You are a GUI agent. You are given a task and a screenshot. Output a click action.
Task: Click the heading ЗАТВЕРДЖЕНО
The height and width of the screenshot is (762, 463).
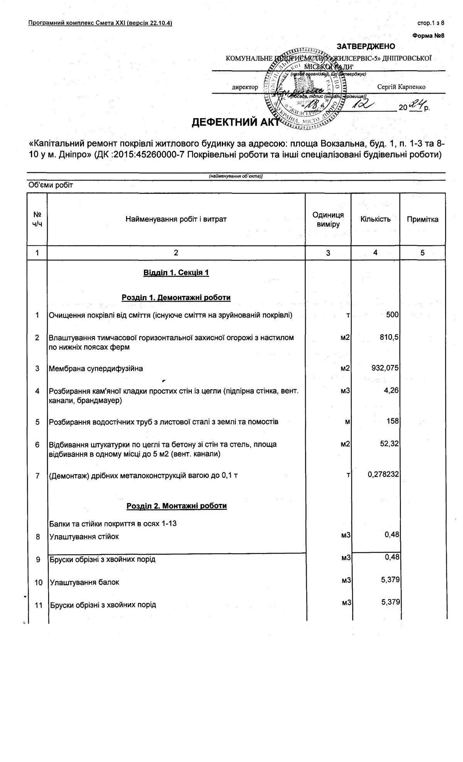pyautogui.click(x=366, y=46)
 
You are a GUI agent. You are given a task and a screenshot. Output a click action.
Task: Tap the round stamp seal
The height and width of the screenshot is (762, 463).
pyautogui.click(x=305, y=88)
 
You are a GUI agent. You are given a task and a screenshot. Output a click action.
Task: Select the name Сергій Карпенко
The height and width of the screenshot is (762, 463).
pyautogui.click(x=401, y=87)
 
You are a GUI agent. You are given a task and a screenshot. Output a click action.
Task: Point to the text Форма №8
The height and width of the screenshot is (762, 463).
pyautogui.click(x=428, y=36)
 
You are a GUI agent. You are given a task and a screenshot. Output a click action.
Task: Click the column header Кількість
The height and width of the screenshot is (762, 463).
pyautogui.click(x=375, y=219)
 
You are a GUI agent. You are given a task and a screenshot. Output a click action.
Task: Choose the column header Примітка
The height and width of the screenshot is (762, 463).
pyautogui.click(x=422, y=219)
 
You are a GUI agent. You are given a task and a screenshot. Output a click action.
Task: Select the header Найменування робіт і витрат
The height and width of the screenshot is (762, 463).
pyautogui.click(x=176, y=219)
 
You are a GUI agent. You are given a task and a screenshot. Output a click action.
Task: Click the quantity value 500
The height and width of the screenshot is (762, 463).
pyautogui.click(x=392, y=315)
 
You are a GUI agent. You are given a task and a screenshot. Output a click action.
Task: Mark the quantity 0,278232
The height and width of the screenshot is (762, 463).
pyautogui.click(x=383, y=475)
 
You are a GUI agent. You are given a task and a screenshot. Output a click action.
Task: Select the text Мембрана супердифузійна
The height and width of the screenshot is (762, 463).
pyautogui.click(x=96, y=368)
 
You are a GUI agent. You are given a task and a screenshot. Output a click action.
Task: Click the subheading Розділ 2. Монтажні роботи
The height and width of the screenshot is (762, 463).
pyautogui.click(x=176, y=506)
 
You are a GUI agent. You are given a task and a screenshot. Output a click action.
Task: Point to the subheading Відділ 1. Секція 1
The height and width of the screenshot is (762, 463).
pyautogui.click(x=176, y=273)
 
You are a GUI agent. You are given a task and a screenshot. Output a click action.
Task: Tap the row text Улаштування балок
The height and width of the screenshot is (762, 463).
pyautogui.click(x=84, y=582)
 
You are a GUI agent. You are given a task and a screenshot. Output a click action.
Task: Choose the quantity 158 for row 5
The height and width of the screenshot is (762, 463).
pyautogui.click(x=392, y=421)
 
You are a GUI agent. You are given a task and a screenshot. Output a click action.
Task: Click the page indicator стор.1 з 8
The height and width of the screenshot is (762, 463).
pyautogui.click(x=431, y=23)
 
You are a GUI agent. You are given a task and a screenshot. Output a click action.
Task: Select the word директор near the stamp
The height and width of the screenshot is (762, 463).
pyautogui.click(x=245, y=87)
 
